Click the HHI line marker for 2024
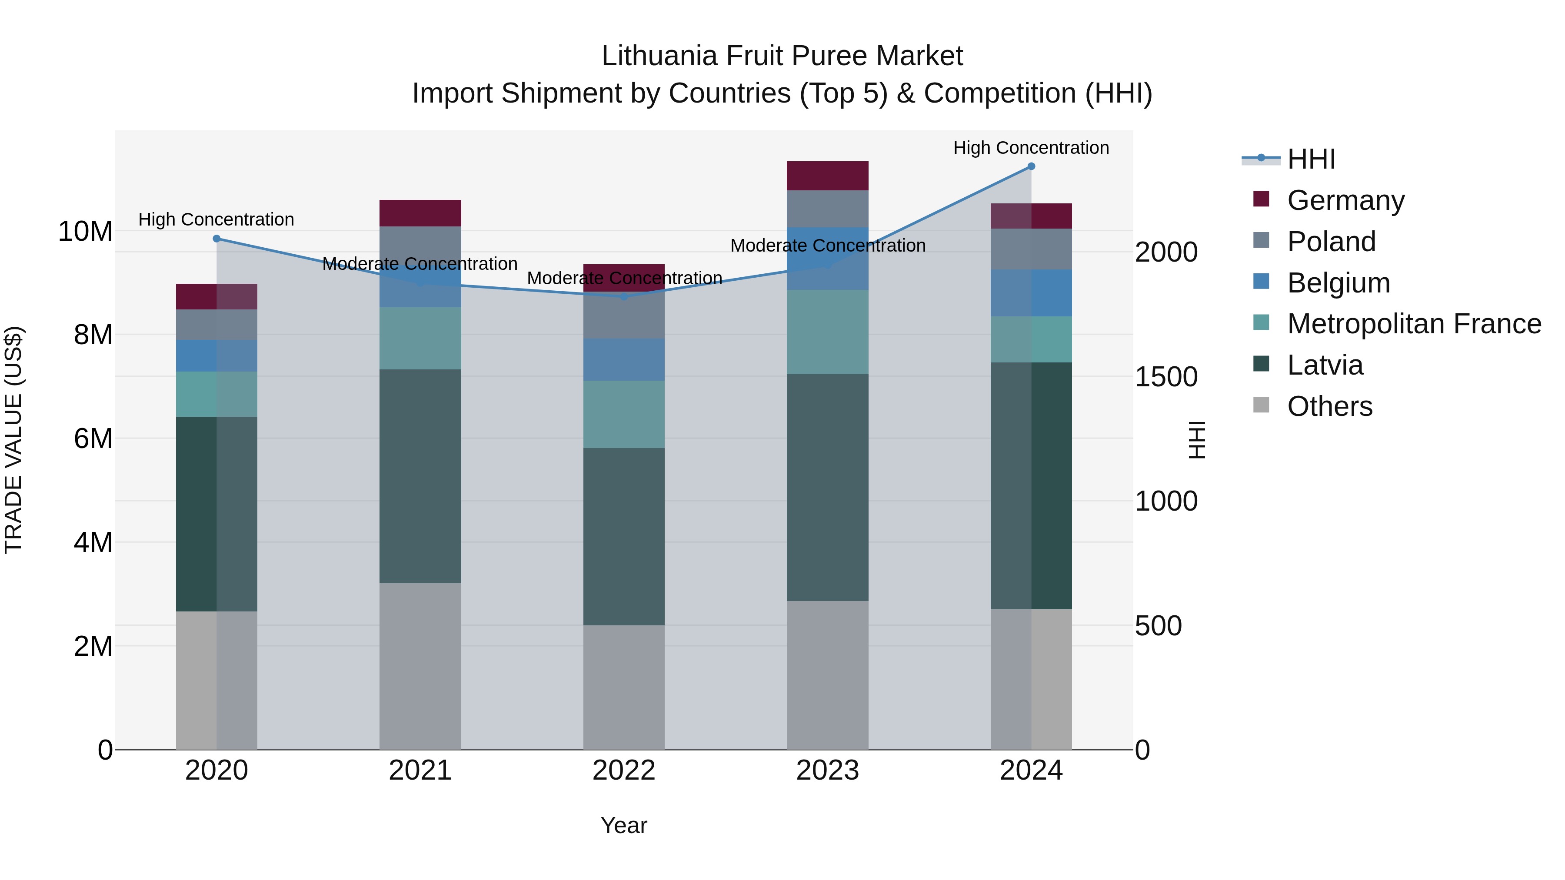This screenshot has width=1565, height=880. click(1031, 166)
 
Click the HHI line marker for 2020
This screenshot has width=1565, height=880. click(217, 239)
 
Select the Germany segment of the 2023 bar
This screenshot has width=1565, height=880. click(827, 176)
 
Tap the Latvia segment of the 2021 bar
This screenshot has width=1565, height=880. click(420, 476)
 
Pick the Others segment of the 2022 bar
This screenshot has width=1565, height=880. click(624, 687)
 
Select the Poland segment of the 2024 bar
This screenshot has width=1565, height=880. click(1031, 249)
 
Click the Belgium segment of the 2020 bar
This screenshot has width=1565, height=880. click(217, 356)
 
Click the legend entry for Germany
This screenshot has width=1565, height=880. click(1345, 200)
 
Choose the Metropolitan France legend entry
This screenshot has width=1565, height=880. click(1414, 324)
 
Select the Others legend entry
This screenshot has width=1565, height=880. click(1329, 406)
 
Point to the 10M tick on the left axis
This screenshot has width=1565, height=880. click(85, 231)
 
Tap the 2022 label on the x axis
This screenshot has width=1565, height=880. click(624, 770)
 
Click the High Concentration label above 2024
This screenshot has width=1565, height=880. click(1031, 148)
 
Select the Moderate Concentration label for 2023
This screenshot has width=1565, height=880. click(827, 246)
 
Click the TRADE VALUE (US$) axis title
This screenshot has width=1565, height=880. click(13, 440)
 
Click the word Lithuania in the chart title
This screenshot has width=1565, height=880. click(659, 56)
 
